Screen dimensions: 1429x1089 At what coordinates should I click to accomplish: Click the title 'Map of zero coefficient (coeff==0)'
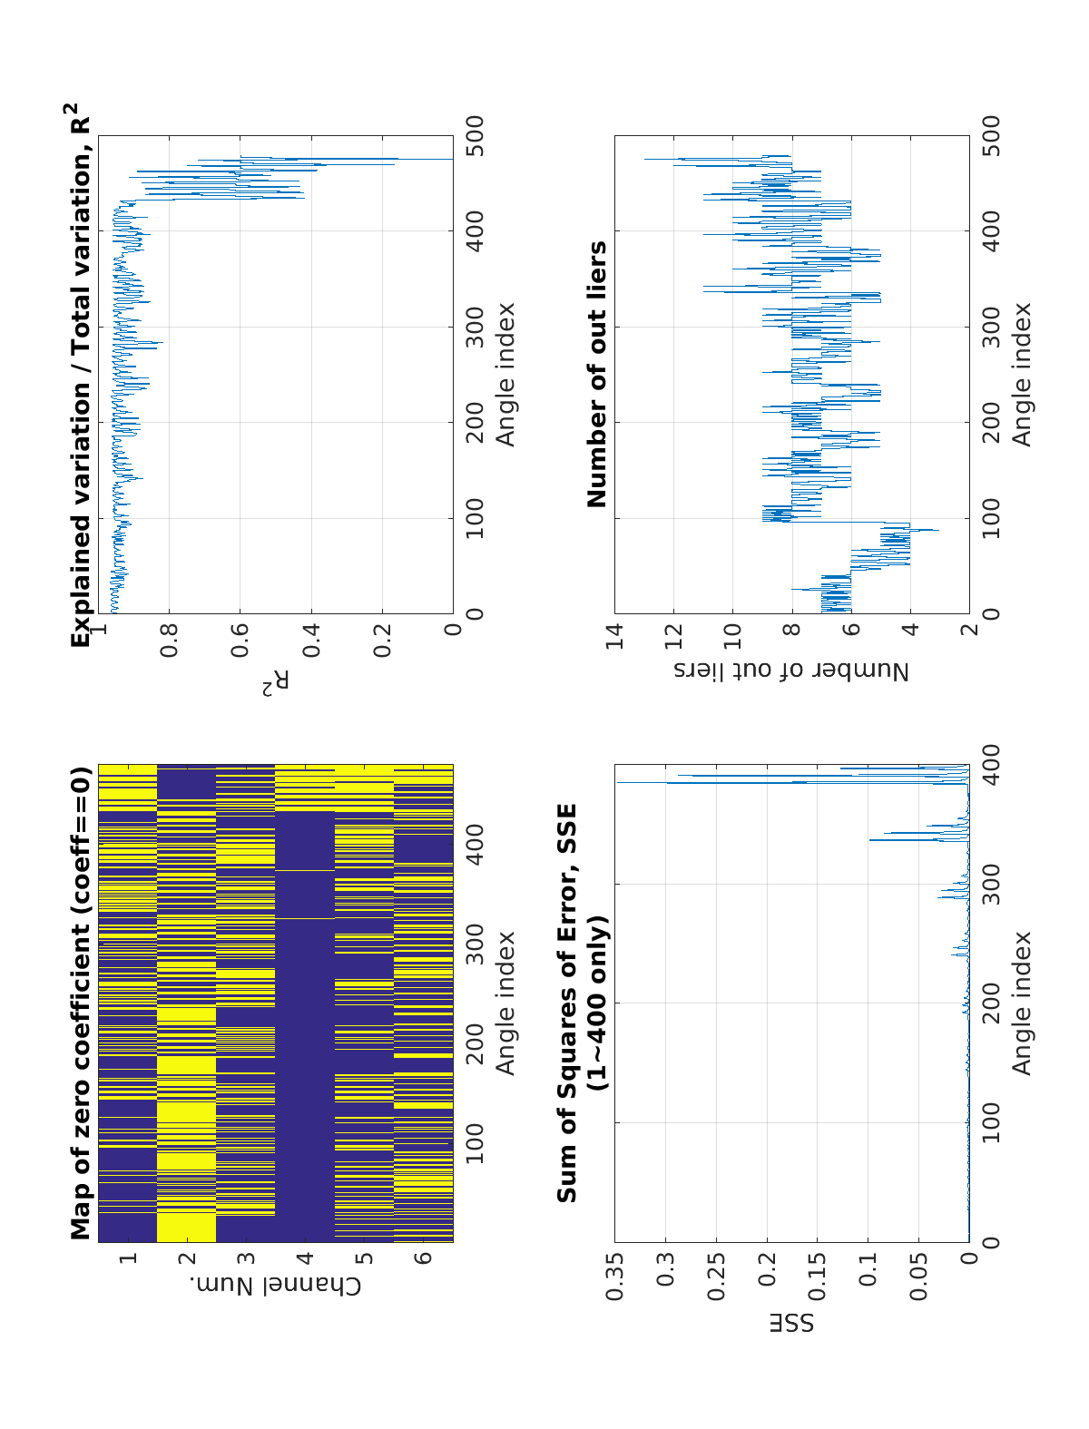(82, 1003)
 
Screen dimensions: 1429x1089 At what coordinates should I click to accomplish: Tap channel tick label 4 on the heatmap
(305, 1258)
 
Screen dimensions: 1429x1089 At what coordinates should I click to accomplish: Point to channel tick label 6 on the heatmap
(423, 1258)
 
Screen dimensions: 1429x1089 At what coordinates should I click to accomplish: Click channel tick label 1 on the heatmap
(128, 1258)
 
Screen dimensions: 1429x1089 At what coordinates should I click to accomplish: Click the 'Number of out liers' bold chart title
(598, 374)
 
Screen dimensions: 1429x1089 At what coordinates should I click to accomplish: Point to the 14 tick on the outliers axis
(615, 631)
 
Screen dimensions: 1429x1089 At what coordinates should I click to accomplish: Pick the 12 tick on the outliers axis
(673, 631)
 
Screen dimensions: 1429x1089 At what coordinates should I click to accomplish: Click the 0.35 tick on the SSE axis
(615, 1277)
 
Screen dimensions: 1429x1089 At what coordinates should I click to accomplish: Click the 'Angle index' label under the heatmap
(505, 1003)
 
